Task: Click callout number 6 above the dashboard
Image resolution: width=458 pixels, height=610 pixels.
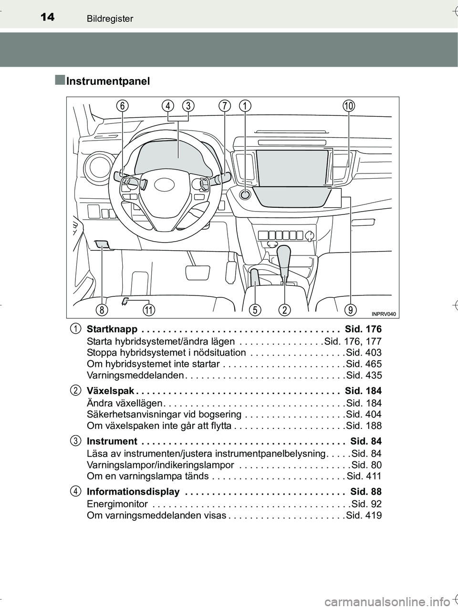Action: (x=122, y=106)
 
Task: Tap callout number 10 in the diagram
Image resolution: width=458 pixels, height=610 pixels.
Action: (x=349, y=106)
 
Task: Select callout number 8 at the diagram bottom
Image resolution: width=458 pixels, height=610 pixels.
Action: (x=102, y=310)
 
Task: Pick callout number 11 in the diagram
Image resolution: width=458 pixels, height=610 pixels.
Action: (x=149, y=310)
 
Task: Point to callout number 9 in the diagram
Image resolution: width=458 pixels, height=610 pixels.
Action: (x=351, y=310)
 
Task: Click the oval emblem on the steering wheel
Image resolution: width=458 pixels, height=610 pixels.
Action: (x=164, y=185)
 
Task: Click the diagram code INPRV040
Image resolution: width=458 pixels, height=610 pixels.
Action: (x=383, y=314)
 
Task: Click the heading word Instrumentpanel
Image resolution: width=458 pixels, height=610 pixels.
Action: (x=108, y=81)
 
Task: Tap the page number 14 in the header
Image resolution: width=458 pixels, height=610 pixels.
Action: (x=47, y=18)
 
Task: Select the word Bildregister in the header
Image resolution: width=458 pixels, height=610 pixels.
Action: (x=110, y=19)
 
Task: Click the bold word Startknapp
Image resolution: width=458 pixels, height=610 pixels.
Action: (x=112, y=329)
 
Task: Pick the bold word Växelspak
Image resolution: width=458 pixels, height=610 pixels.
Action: (x=111, y=391)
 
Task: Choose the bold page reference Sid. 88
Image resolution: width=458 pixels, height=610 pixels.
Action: (x=366, y=492)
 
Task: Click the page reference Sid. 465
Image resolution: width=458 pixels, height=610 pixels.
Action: (x=364, y=364)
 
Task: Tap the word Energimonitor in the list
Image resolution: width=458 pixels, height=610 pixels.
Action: (x=117, y=504)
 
